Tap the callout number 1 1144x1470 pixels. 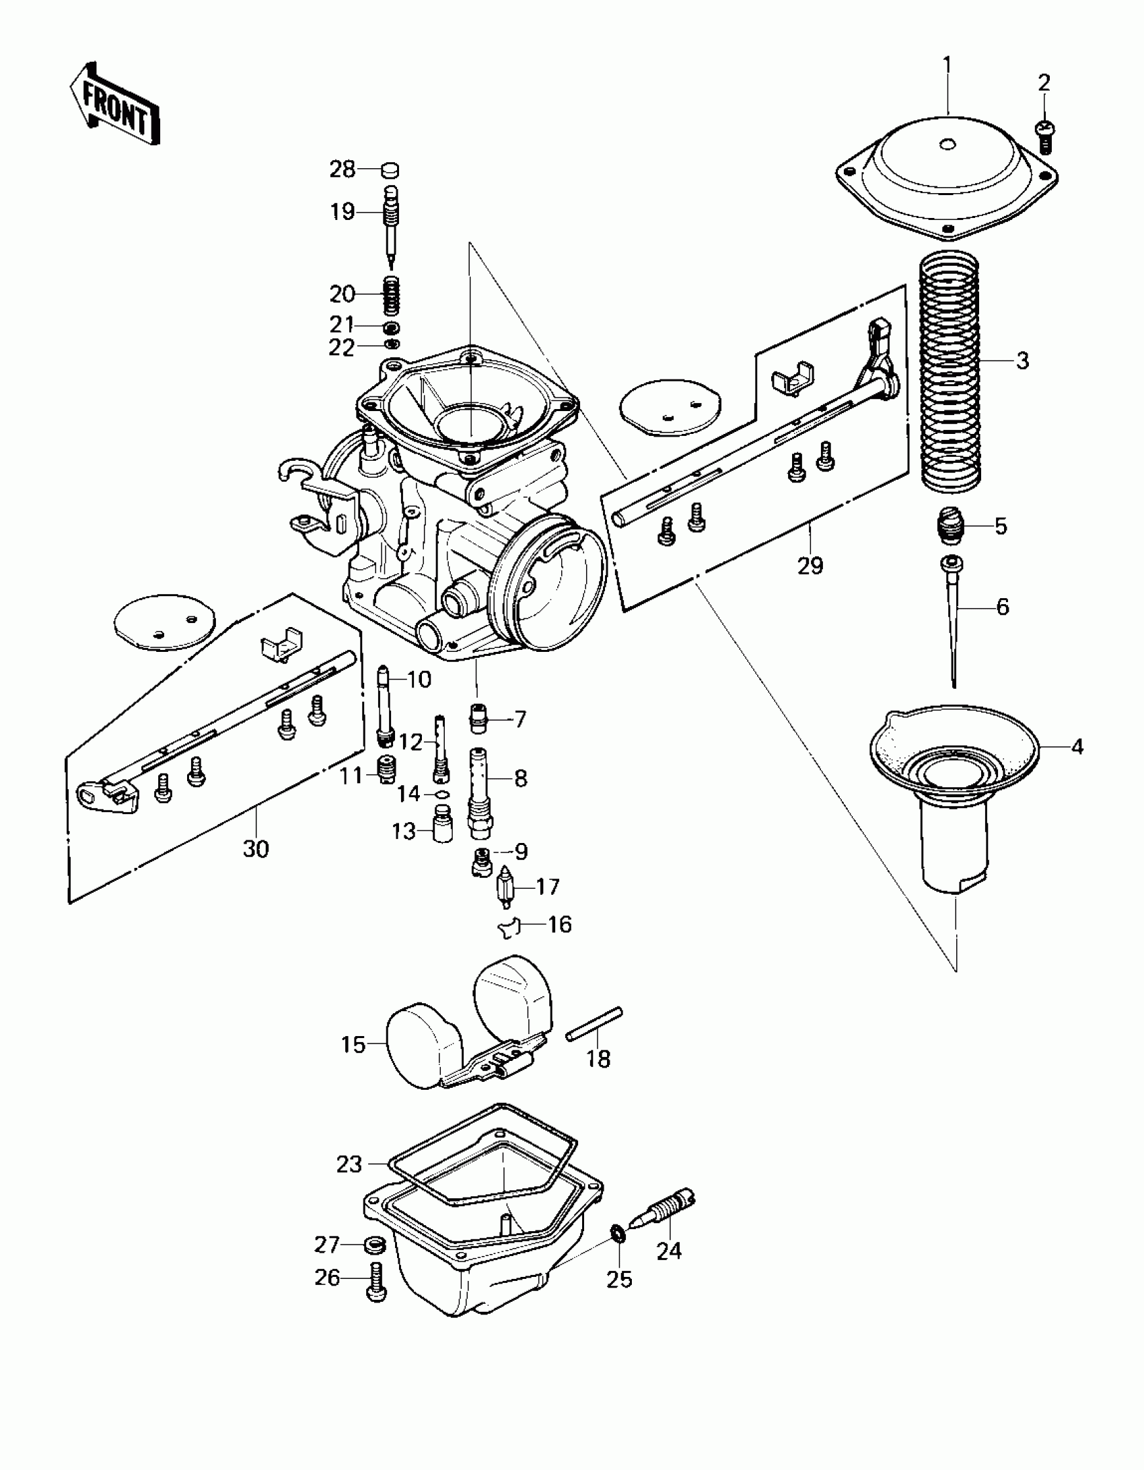[948, 65]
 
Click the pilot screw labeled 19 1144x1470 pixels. [390, 222]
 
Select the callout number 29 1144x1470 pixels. [810, 566]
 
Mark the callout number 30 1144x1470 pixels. [256, 849]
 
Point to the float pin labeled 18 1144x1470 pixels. [595, 1033]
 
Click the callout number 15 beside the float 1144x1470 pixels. [353, 1045]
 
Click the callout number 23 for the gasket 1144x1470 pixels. [349, 1164]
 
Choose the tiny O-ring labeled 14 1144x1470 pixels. [441, 795]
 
